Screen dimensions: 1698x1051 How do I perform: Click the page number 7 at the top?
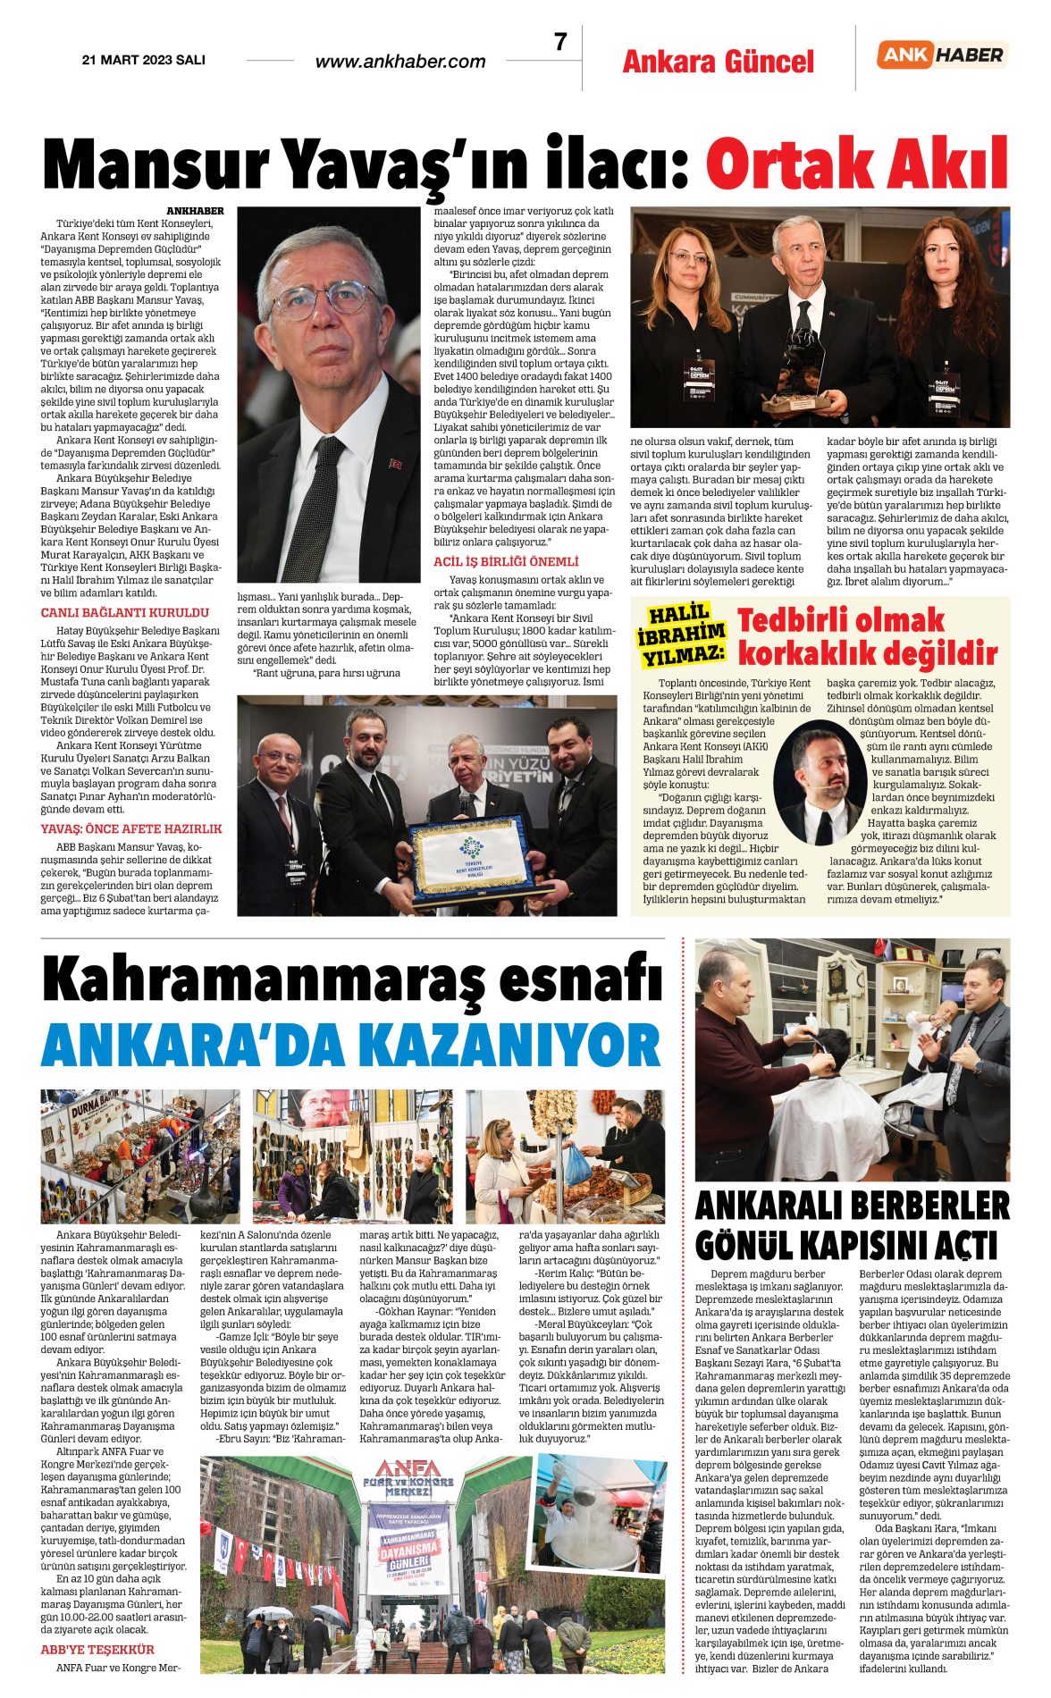[560, 42]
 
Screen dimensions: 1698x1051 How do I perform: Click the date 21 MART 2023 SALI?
[143, 60]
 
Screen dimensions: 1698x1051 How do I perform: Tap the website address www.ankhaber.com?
[400, 62]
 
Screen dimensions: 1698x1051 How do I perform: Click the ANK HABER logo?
[942, 55]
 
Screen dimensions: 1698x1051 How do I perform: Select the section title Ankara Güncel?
[718, 62]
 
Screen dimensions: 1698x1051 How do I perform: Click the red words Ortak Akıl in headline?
[856, 164]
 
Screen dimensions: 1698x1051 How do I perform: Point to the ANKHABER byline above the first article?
[195, 211]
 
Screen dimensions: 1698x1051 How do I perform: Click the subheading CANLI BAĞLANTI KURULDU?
[125, 612]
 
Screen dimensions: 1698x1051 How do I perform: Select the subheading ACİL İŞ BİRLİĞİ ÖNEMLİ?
[506, 561]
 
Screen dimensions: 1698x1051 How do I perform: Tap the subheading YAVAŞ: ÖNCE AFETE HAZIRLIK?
[131, 828]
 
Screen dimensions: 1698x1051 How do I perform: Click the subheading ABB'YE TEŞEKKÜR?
[97, 1649]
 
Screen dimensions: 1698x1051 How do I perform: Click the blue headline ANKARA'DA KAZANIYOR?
[351, 1045]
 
